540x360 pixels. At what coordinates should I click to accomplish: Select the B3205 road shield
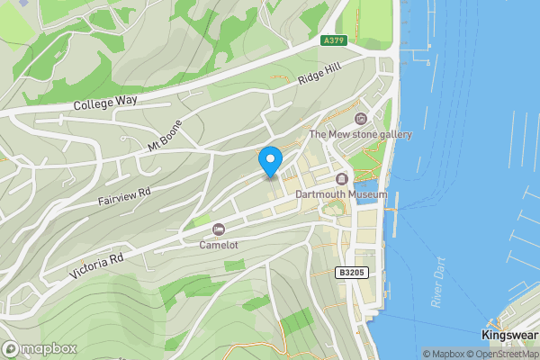pos(352,272)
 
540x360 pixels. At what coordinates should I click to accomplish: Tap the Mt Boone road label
pos(166,135)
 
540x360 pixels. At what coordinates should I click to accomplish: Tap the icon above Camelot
pos(219,229)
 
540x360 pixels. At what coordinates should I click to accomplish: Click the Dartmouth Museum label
pos(341,194)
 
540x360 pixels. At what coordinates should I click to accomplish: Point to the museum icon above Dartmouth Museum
pos(341,179)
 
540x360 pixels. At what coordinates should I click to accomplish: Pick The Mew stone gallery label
pos(360,135)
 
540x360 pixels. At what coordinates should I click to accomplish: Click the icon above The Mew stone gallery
pos(360,119)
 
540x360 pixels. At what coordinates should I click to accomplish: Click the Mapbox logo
pos(38,348)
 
